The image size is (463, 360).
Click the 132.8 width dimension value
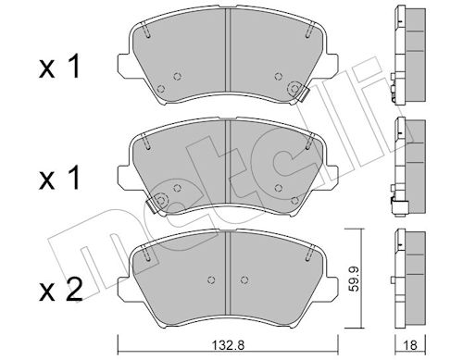(229, 345)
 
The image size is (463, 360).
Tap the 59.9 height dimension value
(355, 279)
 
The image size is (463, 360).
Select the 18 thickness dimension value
(410, 345)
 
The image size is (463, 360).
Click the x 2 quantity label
(61, 290)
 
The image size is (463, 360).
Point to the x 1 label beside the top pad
(59, 66)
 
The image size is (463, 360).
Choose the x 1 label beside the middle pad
(59, 178)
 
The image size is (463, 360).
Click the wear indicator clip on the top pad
(304, 93)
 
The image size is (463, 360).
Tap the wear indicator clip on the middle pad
(152, 205)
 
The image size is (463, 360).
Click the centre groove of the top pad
(228, 50)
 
